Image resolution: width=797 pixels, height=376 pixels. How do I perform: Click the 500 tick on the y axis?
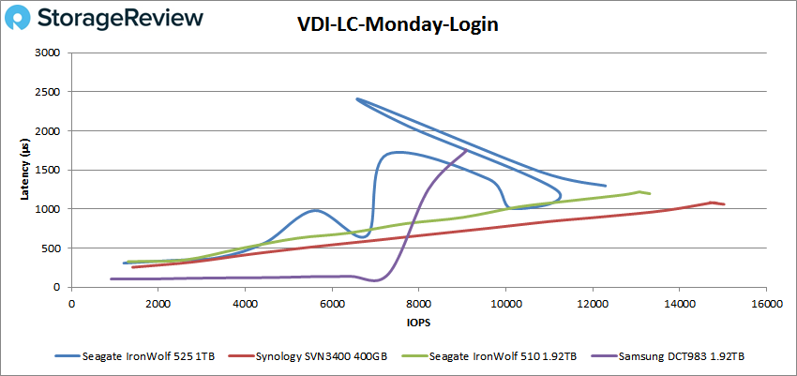53,248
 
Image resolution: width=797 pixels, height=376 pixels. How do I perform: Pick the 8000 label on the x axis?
418,303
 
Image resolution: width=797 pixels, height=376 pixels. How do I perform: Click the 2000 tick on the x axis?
158,303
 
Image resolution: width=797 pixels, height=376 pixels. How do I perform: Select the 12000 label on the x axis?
592,303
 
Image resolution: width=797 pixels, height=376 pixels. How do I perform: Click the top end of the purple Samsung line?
466,149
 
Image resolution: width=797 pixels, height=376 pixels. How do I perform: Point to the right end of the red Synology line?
724,204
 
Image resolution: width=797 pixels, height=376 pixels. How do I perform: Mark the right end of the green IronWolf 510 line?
650,194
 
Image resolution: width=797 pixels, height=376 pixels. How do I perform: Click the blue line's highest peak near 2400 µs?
357,99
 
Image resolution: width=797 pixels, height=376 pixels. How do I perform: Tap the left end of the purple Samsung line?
112,278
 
